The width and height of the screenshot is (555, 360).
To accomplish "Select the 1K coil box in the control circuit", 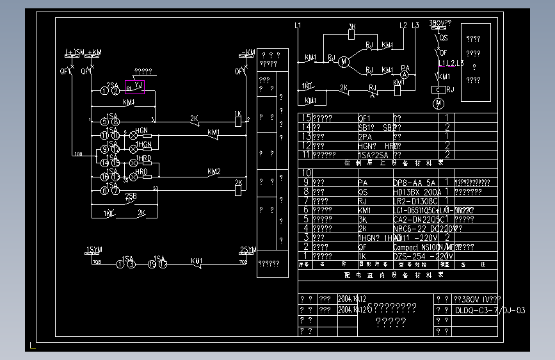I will coord(237,119).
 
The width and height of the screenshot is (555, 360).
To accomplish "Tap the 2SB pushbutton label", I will coord(131,195).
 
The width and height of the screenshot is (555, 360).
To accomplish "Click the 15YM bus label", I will coord(93,249).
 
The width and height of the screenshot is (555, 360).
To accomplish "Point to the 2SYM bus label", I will coord(248,249).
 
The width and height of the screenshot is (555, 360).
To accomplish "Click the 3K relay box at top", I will coord(351,35).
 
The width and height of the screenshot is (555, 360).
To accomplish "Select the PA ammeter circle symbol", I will coord(405,75).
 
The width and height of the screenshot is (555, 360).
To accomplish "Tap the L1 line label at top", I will coord(298,26).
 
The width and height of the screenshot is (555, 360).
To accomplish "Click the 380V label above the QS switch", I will coord(439,22).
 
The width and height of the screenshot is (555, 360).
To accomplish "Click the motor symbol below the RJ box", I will coord(438,102).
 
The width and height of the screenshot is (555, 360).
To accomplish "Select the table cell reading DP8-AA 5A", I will coord(414,183).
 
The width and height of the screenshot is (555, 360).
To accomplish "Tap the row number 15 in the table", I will coord(306,119).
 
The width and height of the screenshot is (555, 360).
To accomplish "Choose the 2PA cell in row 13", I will coord(365,136).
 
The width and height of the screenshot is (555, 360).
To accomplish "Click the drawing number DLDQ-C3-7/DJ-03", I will coord(490,311).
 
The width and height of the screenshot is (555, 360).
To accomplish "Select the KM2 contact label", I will coord(214,172).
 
